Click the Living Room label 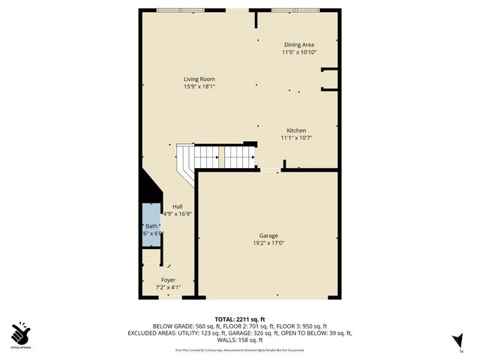(x=204, y=79)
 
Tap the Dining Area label (x=299, y=45)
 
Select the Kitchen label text (x=296, y=130)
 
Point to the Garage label (x=268, y=235)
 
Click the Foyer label (x=168, y=280)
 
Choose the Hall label (x=177, y=206)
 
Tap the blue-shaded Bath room (x=152, y=229)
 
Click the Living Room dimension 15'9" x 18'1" (x=204, y=87)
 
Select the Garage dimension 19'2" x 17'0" (x=268, y=242)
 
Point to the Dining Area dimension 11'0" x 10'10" (x=299, y=52)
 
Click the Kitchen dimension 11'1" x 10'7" (x=296, y=138)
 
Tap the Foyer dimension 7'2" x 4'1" (x=168, y=287)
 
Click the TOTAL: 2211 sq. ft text (x=240, y=319)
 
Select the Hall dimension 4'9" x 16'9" (x=177, y=214)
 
